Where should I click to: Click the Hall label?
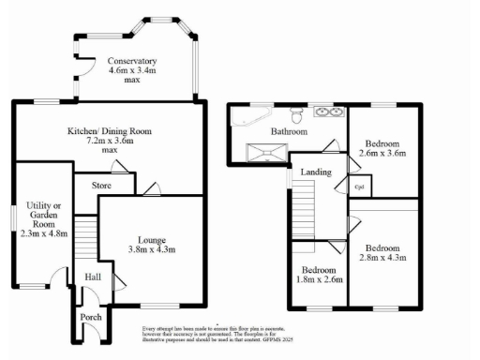pos(93,277)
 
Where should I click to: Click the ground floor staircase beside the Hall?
pos(85,236)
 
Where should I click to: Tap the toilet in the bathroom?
pos(296,115)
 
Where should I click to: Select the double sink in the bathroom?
pos(329,114)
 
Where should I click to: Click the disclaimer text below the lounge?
pos(206,334)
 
